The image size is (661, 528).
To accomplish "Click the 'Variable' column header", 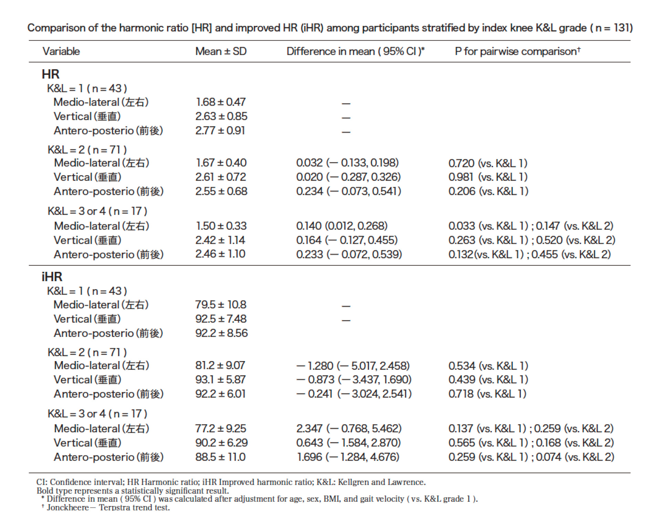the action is point(61,51).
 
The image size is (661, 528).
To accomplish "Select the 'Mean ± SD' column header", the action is point(221,51).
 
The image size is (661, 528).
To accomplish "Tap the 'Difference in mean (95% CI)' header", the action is point(356,51).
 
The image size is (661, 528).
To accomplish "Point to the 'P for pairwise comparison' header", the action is point(518,51).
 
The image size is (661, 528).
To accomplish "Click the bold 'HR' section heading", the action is point(51,74).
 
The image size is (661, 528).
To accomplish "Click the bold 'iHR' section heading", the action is point(52,277).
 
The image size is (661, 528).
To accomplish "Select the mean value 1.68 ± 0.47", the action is point(221,102).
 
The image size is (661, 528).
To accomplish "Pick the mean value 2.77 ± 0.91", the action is point(220,130).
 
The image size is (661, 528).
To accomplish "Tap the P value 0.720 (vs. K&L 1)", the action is point(488,163).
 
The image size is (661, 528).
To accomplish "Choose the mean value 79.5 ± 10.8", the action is point(221,305).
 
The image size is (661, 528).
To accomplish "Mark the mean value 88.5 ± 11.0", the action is point(220,457).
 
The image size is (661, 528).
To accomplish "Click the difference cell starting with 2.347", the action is point(349,429).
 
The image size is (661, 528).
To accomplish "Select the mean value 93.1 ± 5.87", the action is point(220,380).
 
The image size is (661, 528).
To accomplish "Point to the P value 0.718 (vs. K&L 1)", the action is point(487,394).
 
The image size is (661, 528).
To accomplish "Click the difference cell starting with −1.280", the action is point(353,366).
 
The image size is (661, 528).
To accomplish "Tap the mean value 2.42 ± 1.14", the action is point(220,240).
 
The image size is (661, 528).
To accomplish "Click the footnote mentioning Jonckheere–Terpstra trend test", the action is point(106,507).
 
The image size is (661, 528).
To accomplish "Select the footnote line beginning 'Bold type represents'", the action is point(133,490).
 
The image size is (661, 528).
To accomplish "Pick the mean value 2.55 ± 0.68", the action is point(221,191).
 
